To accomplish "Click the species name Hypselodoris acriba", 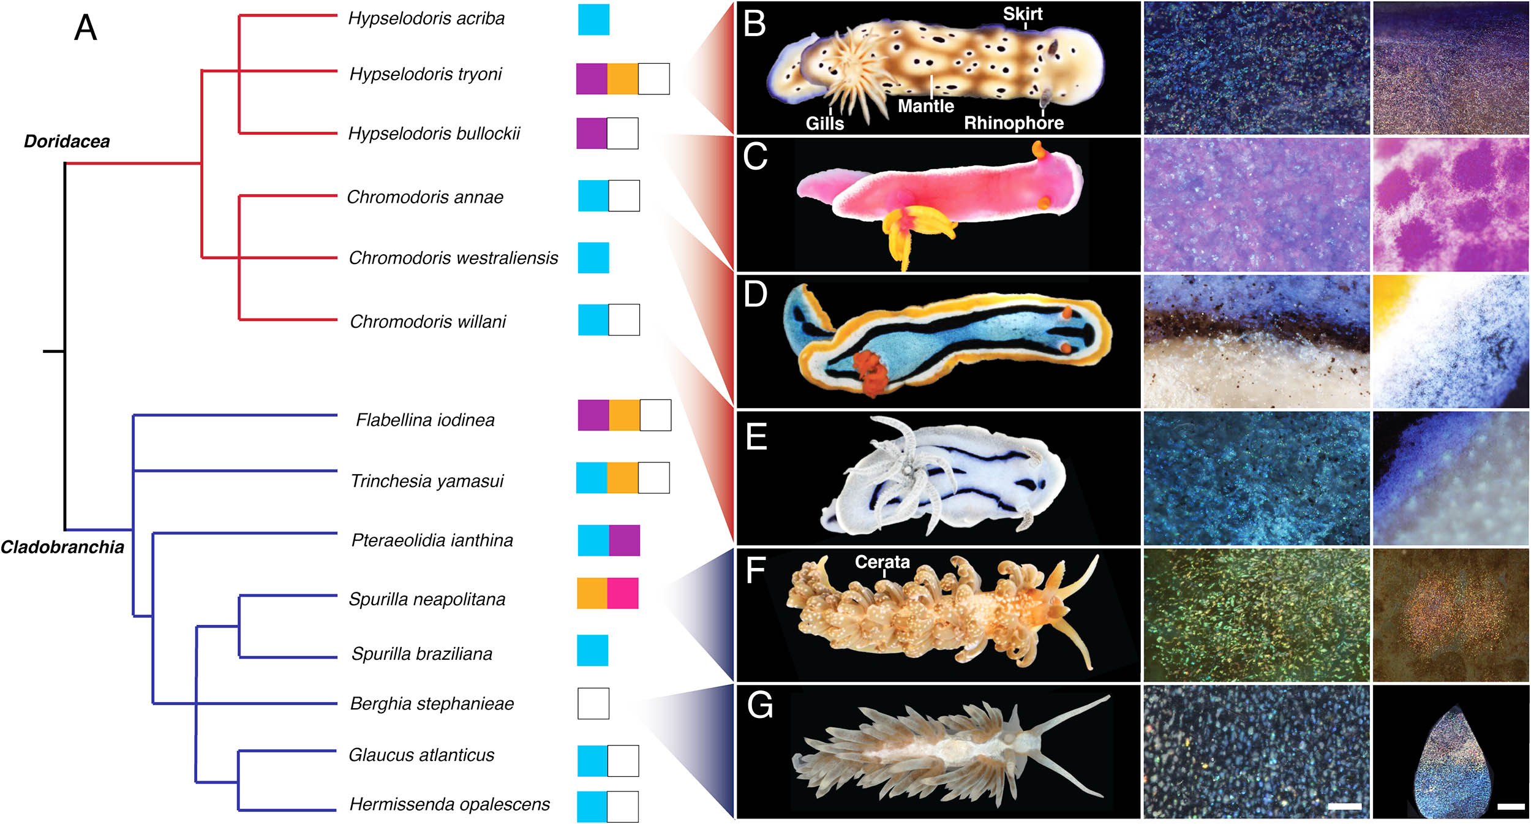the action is (426, 19).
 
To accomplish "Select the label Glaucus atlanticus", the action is (421, 755).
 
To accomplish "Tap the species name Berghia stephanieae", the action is (432, 704).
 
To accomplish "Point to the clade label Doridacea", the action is (67, 142).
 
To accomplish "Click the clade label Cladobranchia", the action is (62, 547).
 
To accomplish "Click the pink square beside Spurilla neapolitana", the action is (623, 593).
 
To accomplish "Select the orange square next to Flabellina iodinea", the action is (624, 415).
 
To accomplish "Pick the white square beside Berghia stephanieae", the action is (593, 703).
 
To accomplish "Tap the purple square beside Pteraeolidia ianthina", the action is (625, 540).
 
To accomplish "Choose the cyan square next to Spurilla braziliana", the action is (593, 650).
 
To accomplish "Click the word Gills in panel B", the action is (824, 124).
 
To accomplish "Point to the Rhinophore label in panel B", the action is (1014, 123).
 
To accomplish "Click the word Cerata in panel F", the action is (882, 562).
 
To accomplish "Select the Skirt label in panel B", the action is (1023, 13).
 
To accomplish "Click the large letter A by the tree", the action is (86, 28).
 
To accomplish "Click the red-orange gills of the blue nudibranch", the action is (868, 371).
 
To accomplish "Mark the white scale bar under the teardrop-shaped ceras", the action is (1511, 806).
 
